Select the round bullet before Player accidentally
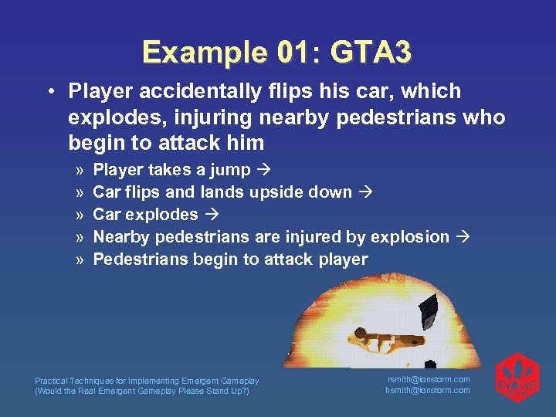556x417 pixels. pos(49,92)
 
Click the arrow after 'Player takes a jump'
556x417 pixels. pos(263,171)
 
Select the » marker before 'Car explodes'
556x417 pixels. pos(80,215)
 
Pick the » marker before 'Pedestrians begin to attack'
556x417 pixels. pos(80,259)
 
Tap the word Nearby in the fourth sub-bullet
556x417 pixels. pos(120,237)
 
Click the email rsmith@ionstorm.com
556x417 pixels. pos(428,379)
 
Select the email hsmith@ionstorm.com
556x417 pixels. pos(428,390)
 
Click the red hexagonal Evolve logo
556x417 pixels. pos(517,378)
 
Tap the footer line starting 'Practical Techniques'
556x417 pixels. pos(147,381)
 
